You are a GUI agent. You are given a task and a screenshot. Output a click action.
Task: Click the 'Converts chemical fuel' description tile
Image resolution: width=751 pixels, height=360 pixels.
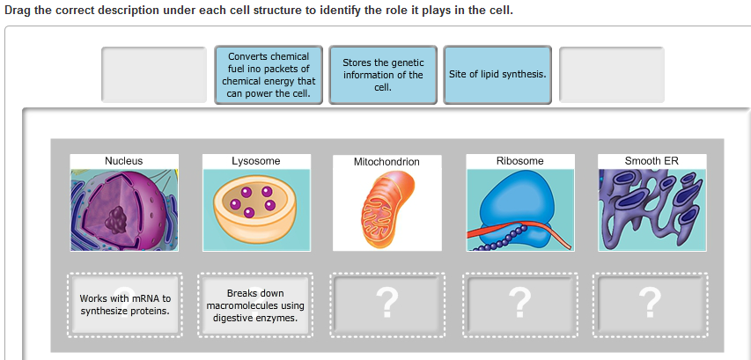[269, 75]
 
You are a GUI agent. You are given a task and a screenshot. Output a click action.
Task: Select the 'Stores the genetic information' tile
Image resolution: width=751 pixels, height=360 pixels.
[383, 75]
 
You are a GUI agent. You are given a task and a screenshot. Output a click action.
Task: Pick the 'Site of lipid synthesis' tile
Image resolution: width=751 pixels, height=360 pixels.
[497, 75]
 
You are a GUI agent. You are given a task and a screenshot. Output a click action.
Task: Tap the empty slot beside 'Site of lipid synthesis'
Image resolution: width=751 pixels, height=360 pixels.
[612, 75]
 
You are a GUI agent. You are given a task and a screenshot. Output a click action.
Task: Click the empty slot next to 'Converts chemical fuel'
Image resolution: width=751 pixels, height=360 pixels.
[154, 75]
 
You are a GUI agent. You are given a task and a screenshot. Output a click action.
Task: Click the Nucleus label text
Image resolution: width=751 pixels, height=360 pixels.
[124, 161]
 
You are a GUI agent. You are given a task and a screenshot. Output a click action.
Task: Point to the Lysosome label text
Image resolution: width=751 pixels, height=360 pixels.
[256, 161]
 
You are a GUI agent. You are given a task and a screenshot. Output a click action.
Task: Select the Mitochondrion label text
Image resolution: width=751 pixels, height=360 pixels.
[387, 162]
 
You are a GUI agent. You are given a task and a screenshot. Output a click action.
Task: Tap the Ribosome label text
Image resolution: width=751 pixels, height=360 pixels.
[519, 161]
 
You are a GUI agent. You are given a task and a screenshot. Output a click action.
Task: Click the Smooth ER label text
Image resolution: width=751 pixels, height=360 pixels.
[652, 161]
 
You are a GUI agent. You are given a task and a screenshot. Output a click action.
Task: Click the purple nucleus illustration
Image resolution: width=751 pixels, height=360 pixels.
[124, 209]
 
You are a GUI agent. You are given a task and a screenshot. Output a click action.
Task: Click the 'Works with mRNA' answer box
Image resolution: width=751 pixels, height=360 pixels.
[124, 305]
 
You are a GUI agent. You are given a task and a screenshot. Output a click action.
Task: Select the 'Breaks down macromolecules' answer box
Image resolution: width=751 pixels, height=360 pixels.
[255, 305]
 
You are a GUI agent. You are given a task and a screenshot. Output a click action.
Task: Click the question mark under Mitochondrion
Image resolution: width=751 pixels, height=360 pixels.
[387, 305]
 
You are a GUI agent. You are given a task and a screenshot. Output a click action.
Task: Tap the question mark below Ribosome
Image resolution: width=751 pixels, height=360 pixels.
[519, 305]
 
